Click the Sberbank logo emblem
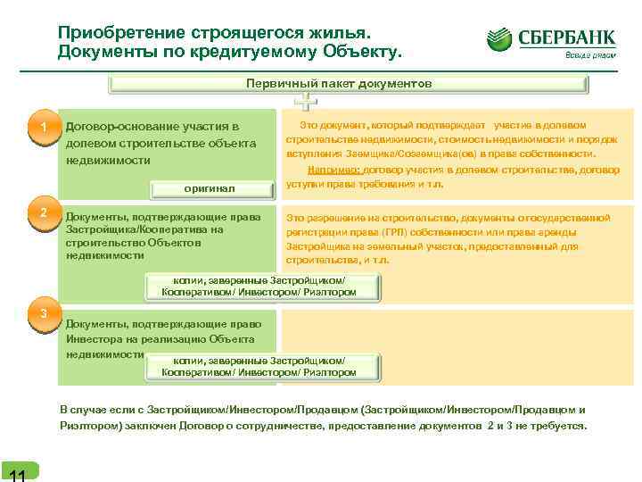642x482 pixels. click(500, 39)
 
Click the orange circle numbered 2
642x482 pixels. click(43, 212)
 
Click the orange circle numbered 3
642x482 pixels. click(43, 312)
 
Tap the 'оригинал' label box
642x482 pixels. click(210, 189)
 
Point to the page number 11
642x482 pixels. click(15, 473)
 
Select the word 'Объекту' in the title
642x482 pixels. click(363, 52)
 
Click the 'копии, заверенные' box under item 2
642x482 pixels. click(264, 286)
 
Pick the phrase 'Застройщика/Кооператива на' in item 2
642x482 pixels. click(144, 229)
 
